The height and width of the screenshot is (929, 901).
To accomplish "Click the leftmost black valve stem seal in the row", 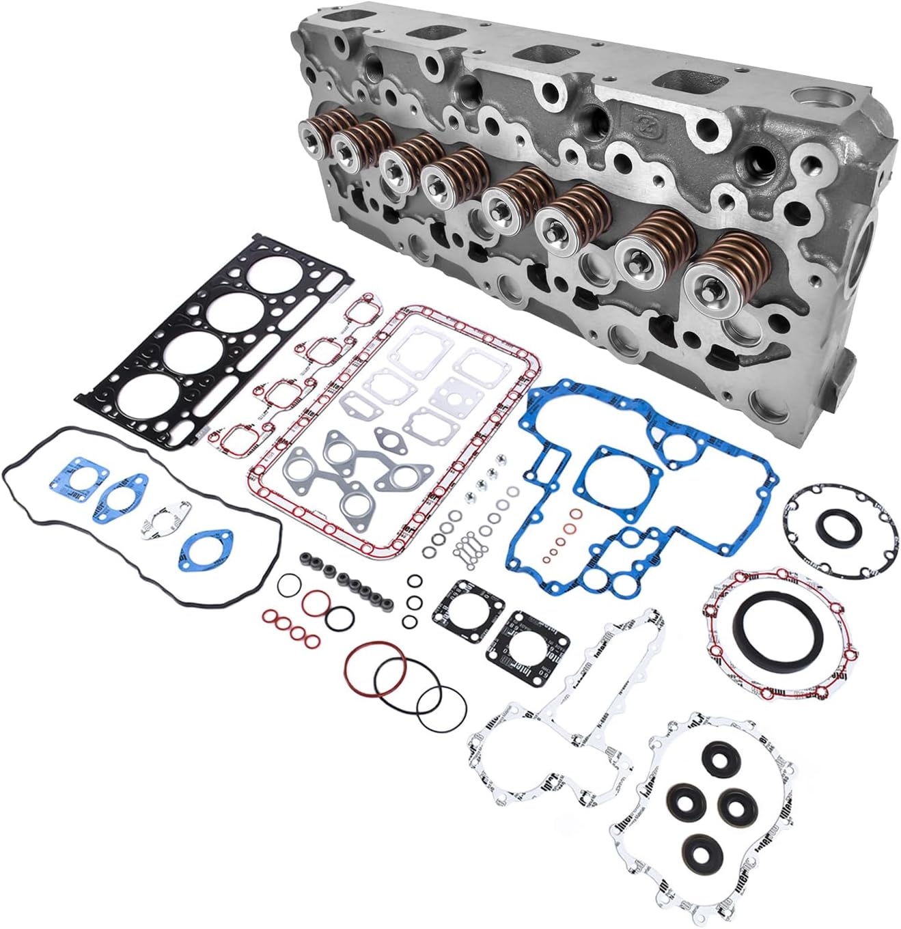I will [305, 558].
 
